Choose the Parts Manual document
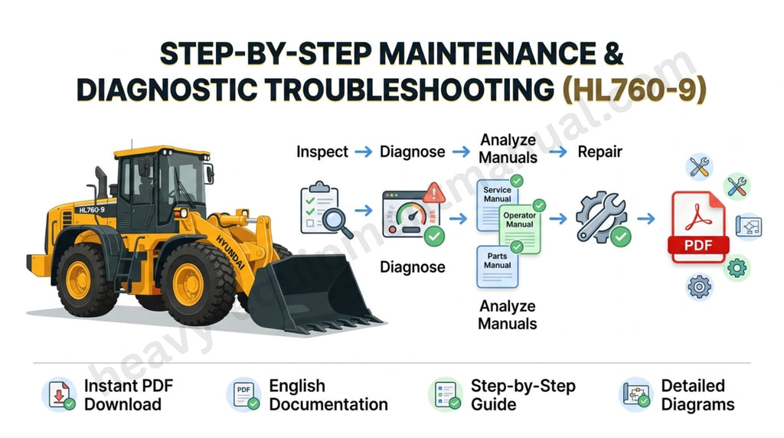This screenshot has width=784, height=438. click(497, 263)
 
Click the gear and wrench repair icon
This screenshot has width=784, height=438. click(601, 219)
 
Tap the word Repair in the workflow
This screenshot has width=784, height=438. click(599, 152)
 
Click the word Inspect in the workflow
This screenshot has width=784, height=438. click(322, 152)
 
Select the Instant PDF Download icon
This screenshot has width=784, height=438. click(58, 395)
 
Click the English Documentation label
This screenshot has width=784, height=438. click(328, 395)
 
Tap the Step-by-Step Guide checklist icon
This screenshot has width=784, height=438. click(445, 395)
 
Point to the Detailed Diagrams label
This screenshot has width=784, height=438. click(697, 395)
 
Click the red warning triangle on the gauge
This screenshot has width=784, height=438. click(433, 192)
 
